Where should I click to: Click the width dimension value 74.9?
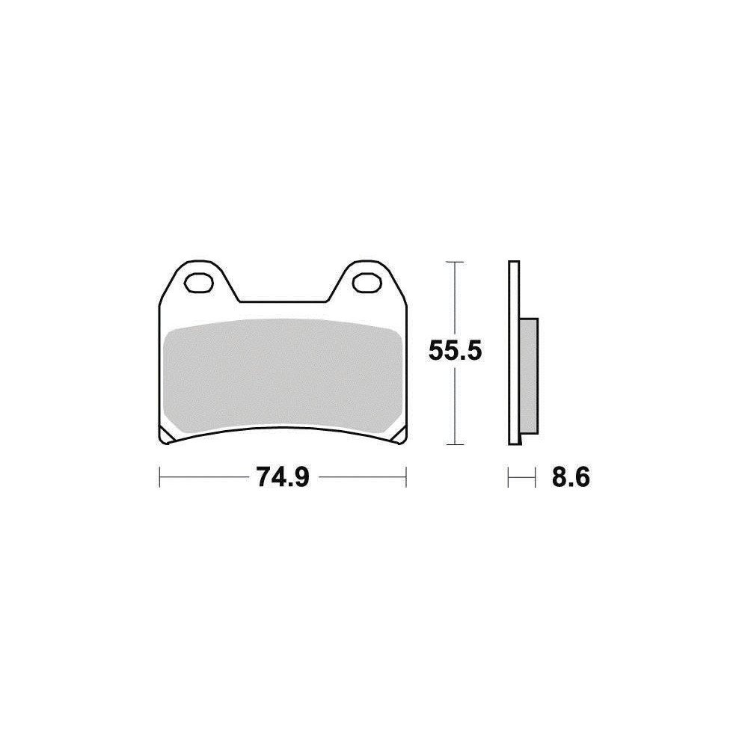[x=283, y=476]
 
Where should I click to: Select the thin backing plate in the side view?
[x=512, y=352]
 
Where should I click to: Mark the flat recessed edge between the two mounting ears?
[x=283, y=302]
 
